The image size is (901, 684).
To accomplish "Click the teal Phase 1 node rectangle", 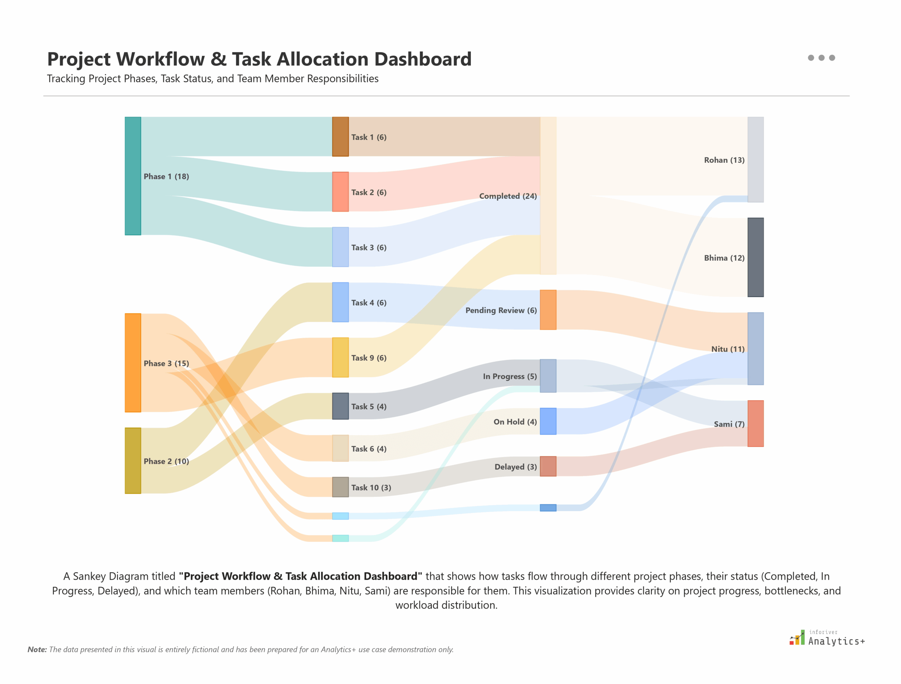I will [x=132, y=176].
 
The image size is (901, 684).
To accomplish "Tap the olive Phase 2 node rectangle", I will [x=132, y=460].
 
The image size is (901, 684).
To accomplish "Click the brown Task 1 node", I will [x=340, y=136].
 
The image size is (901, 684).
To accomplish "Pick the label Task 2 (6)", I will [x=369, y=192].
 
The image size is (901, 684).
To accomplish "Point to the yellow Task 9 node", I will [x=340, y=357].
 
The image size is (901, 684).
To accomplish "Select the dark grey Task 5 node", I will [x=340, y=406].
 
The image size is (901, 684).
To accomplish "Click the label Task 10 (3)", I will [x=371, y=487].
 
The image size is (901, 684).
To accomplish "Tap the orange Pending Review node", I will [x=548, y=309].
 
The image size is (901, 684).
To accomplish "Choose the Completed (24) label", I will [x=508, y=196].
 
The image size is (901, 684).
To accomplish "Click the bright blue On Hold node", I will [x=548, y=421].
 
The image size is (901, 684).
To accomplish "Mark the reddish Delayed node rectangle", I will [x=548, y=466].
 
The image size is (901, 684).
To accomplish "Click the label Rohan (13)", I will [x=724, y=160].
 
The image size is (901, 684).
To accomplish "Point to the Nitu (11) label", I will [x=727, y=349].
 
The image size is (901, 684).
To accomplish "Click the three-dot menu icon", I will [x=821, y=58].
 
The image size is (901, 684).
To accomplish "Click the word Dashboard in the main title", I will [x=423, y=59].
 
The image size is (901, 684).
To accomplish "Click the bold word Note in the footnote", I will [x=37, y=650].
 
